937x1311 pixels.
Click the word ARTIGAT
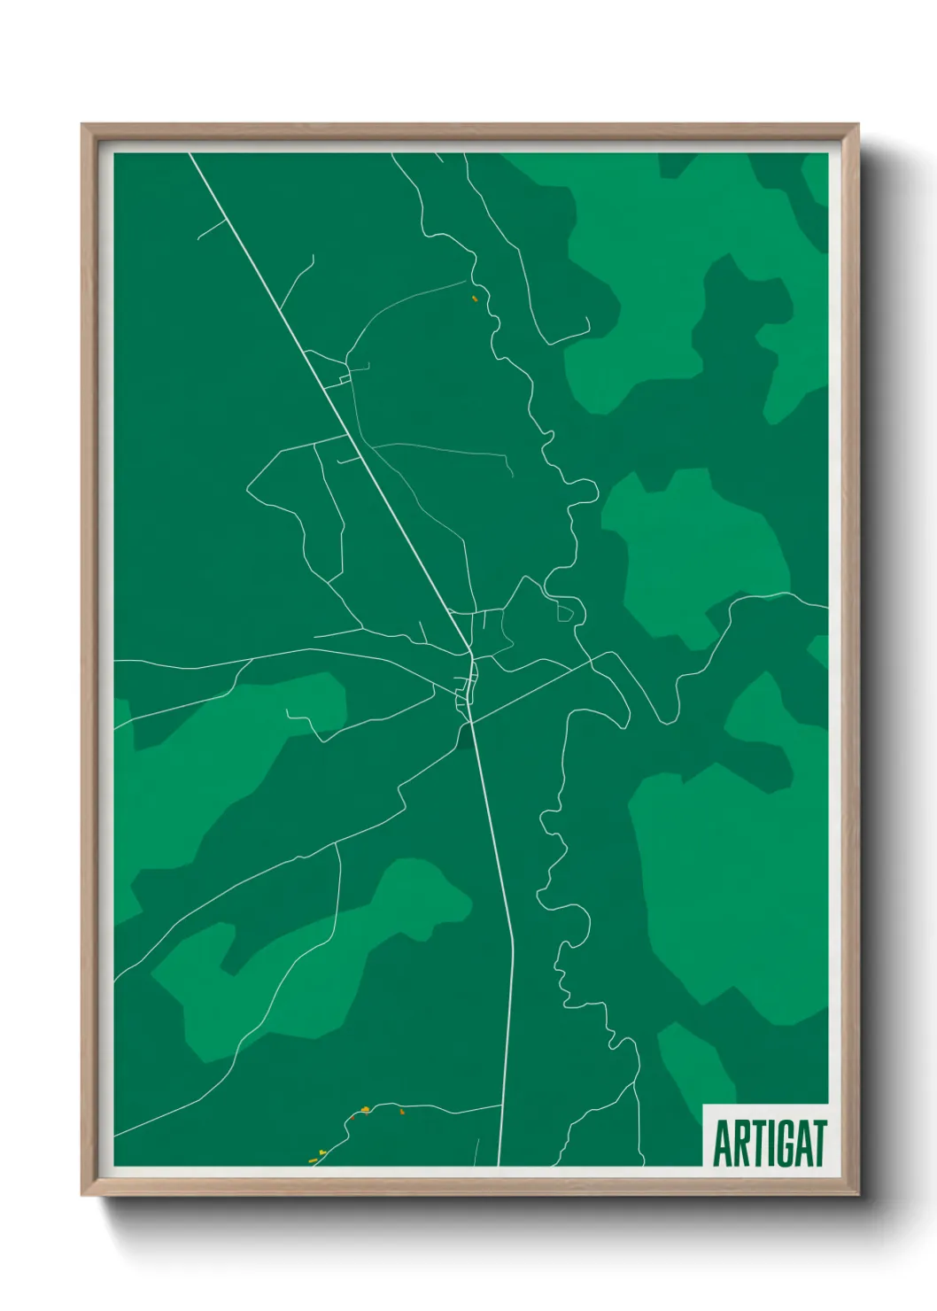click(x=769, y=1144)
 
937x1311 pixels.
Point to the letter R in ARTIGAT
click(x=739, y=1144)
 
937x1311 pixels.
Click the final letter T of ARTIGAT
click(x=819, y=1144)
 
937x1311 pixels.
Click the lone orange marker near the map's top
click(x=476, y=299)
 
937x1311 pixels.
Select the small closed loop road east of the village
click(x=564, y=611)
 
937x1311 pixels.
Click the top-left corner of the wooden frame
click(x=82, y=125)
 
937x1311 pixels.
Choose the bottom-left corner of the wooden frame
click(x=82, y=1195)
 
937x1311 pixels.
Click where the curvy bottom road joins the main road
click(x=502, y=1105)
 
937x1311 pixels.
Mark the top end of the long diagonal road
click(x=190, y=154)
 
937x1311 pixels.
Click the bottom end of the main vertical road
click(x=499, y=1164)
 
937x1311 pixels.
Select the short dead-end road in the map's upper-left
click(x=211, y=229)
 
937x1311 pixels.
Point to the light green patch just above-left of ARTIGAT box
click(x=695, y=1063)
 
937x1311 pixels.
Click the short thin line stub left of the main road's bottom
click(x=476, y=1152)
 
